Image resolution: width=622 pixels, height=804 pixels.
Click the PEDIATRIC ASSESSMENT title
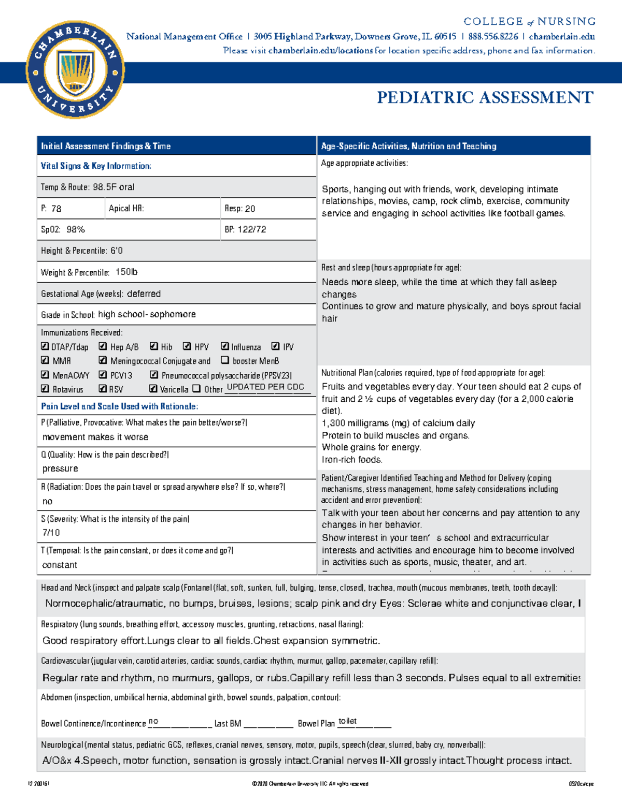(485, 98)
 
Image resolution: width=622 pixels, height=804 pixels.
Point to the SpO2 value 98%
(76, 229)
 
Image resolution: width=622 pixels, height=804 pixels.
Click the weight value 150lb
(126, 272)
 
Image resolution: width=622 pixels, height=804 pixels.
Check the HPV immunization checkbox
(186, 346)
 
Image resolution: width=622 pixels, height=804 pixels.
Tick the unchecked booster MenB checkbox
(225, 360)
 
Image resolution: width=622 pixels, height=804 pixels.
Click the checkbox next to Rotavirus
(45, 389)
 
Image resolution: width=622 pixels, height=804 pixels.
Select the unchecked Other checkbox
(196, 389)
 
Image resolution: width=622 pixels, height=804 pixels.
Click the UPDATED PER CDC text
(265, 387)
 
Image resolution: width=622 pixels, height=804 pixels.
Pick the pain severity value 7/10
(51, 533)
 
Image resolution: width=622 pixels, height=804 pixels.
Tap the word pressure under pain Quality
(60, 469)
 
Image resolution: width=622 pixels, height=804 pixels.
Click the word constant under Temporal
(60, 565)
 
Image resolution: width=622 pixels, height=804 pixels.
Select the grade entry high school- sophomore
(147, 314)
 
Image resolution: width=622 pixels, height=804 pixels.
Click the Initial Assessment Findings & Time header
(106, 146)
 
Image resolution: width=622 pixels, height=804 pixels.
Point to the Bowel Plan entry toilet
(347, 721)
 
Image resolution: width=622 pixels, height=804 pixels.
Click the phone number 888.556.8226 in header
(492, 36)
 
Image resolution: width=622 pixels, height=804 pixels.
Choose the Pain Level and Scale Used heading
(119, 406)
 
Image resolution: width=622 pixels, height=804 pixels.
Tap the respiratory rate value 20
(250, 209)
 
